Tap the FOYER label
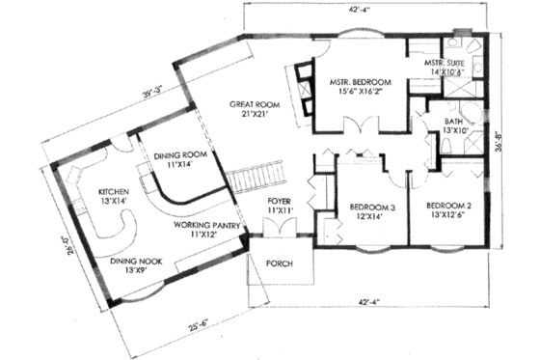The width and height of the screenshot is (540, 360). (281, 201)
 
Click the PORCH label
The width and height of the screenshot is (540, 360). (280, 263)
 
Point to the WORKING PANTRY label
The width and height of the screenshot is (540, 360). (204, 225)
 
